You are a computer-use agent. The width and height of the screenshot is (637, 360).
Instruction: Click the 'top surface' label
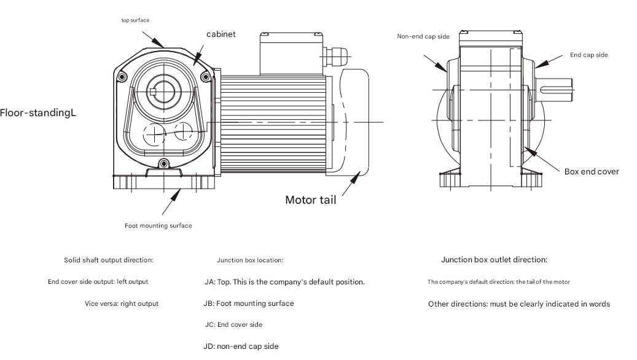[135, 20]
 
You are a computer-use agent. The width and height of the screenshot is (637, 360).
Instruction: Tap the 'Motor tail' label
[310, 200]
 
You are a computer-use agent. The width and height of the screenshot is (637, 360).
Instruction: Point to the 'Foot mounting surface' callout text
[158, 225]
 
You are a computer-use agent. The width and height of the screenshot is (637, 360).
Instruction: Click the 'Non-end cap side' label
[423, 37]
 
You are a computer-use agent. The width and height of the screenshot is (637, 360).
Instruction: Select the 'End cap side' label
[588, 55]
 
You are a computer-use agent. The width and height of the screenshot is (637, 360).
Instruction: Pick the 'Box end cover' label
[592, 171]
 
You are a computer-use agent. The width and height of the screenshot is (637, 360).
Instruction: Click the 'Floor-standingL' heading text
[38, 113]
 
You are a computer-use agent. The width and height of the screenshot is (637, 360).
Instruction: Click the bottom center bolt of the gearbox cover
[163, 163]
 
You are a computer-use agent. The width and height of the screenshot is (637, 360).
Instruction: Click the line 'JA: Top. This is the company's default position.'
[284, 282]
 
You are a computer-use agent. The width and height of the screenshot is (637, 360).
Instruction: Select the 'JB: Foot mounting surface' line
[249, 303]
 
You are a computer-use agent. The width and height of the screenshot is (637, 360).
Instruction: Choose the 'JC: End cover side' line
[233, 324]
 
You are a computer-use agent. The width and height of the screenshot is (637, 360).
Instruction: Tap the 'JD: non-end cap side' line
[241, 346]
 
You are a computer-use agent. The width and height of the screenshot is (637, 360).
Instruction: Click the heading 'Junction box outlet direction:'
[494, 260]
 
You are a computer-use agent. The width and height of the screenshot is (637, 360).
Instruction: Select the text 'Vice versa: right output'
[122, 303]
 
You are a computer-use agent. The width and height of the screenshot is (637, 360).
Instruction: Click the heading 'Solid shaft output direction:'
[109, 260]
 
